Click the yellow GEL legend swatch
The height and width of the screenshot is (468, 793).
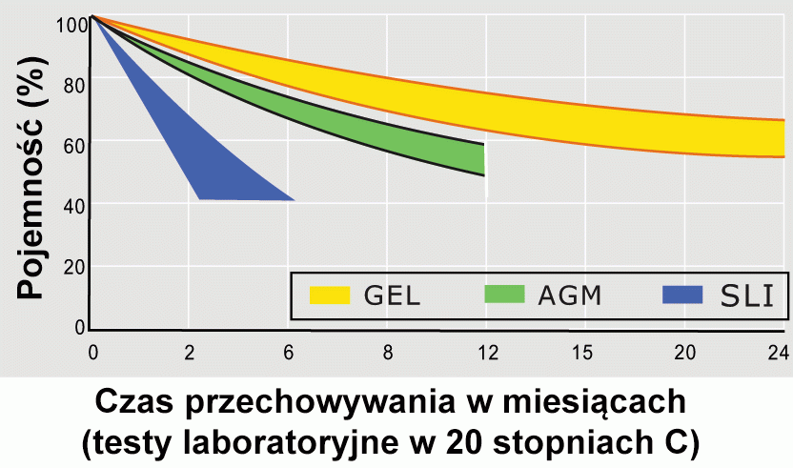click(331, 295)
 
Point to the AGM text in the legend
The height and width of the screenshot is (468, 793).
click(571, 295)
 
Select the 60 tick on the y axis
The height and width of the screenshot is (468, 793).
click(74, 144)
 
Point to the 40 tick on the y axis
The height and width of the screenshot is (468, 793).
click(74, 205)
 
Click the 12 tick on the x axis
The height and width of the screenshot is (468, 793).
click(487, 352)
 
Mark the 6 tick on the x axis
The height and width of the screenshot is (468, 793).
click(289, 352)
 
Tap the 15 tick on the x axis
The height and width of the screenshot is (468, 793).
click(584, 352)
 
